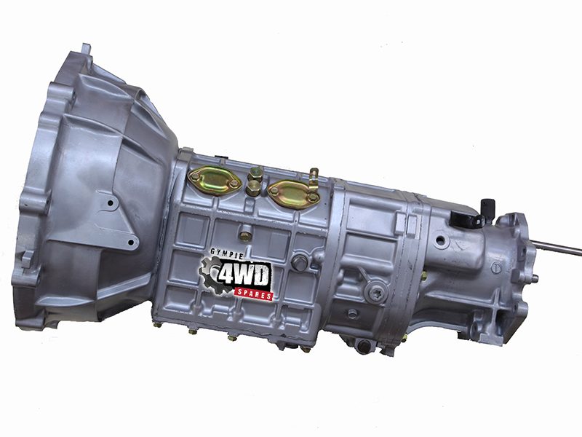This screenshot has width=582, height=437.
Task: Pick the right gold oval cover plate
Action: (x=294, y=194)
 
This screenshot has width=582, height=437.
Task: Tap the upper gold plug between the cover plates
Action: (x=257, y=173)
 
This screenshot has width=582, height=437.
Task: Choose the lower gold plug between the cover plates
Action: (x=252, y=188)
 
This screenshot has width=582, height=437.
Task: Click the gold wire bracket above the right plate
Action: (x=314, y=179)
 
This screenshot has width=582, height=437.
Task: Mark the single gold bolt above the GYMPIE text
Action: (x=245, y=236)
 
